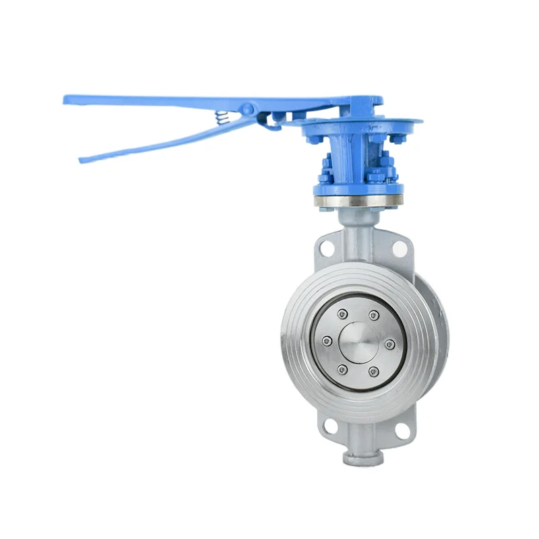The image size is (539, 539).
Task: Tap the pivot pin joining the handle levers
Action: pos(248,108)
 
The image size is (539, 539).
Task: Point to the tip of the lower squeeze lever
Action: pos(82,160)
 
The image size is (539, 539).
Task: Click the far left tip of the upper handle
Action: pos(66,99)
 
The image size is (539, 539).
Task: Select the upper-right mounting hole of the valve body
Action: pos(400,249)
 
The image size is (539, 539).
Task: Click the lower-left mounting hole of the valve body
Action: pos(329,426)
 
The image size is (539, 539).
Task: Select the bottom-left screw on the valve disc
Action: pos(342,369)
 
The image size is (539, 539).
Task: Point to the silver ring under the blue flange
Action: pos(358,201)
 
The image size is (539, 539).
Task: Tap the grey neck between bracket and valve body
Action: pos(357,229)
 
